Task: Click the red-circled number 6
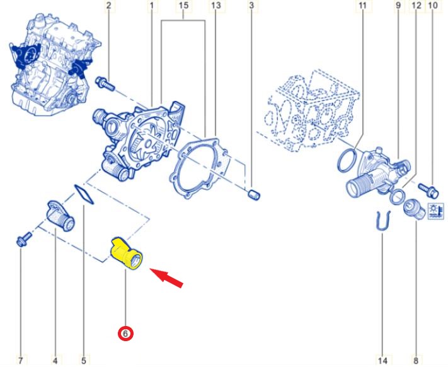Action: tap(126, 334)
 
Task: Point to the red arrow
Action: tap(166, 278)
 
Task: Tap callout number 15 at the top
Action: tap(184, 6)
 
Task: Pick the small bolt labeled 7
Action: tap(24, 239)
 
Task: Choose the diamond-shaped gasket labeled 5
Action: tap(84, 194)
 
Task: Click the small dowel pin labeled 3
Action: tap(253, 195)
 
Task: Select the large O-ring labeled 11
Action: tap(347, 161)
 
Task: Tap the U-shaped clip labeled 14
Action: tap(382, 220)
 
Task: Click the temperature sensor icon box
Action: tap(436, 211)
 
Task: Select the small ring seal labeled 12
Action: tap(398, 197)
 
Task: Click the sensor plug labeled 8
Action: tap(414, 209)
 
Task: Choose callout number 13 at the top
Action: tap(216, 6)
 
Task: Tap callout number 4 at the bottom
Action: tap(55, 361)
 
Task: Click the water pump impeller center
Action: tap(149, 143)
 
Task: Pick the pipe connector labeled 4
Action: tap(60, 216)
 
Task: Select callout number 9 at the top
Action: tap(398, 6)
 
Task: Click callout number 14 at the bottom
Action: tap(383, 361)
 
